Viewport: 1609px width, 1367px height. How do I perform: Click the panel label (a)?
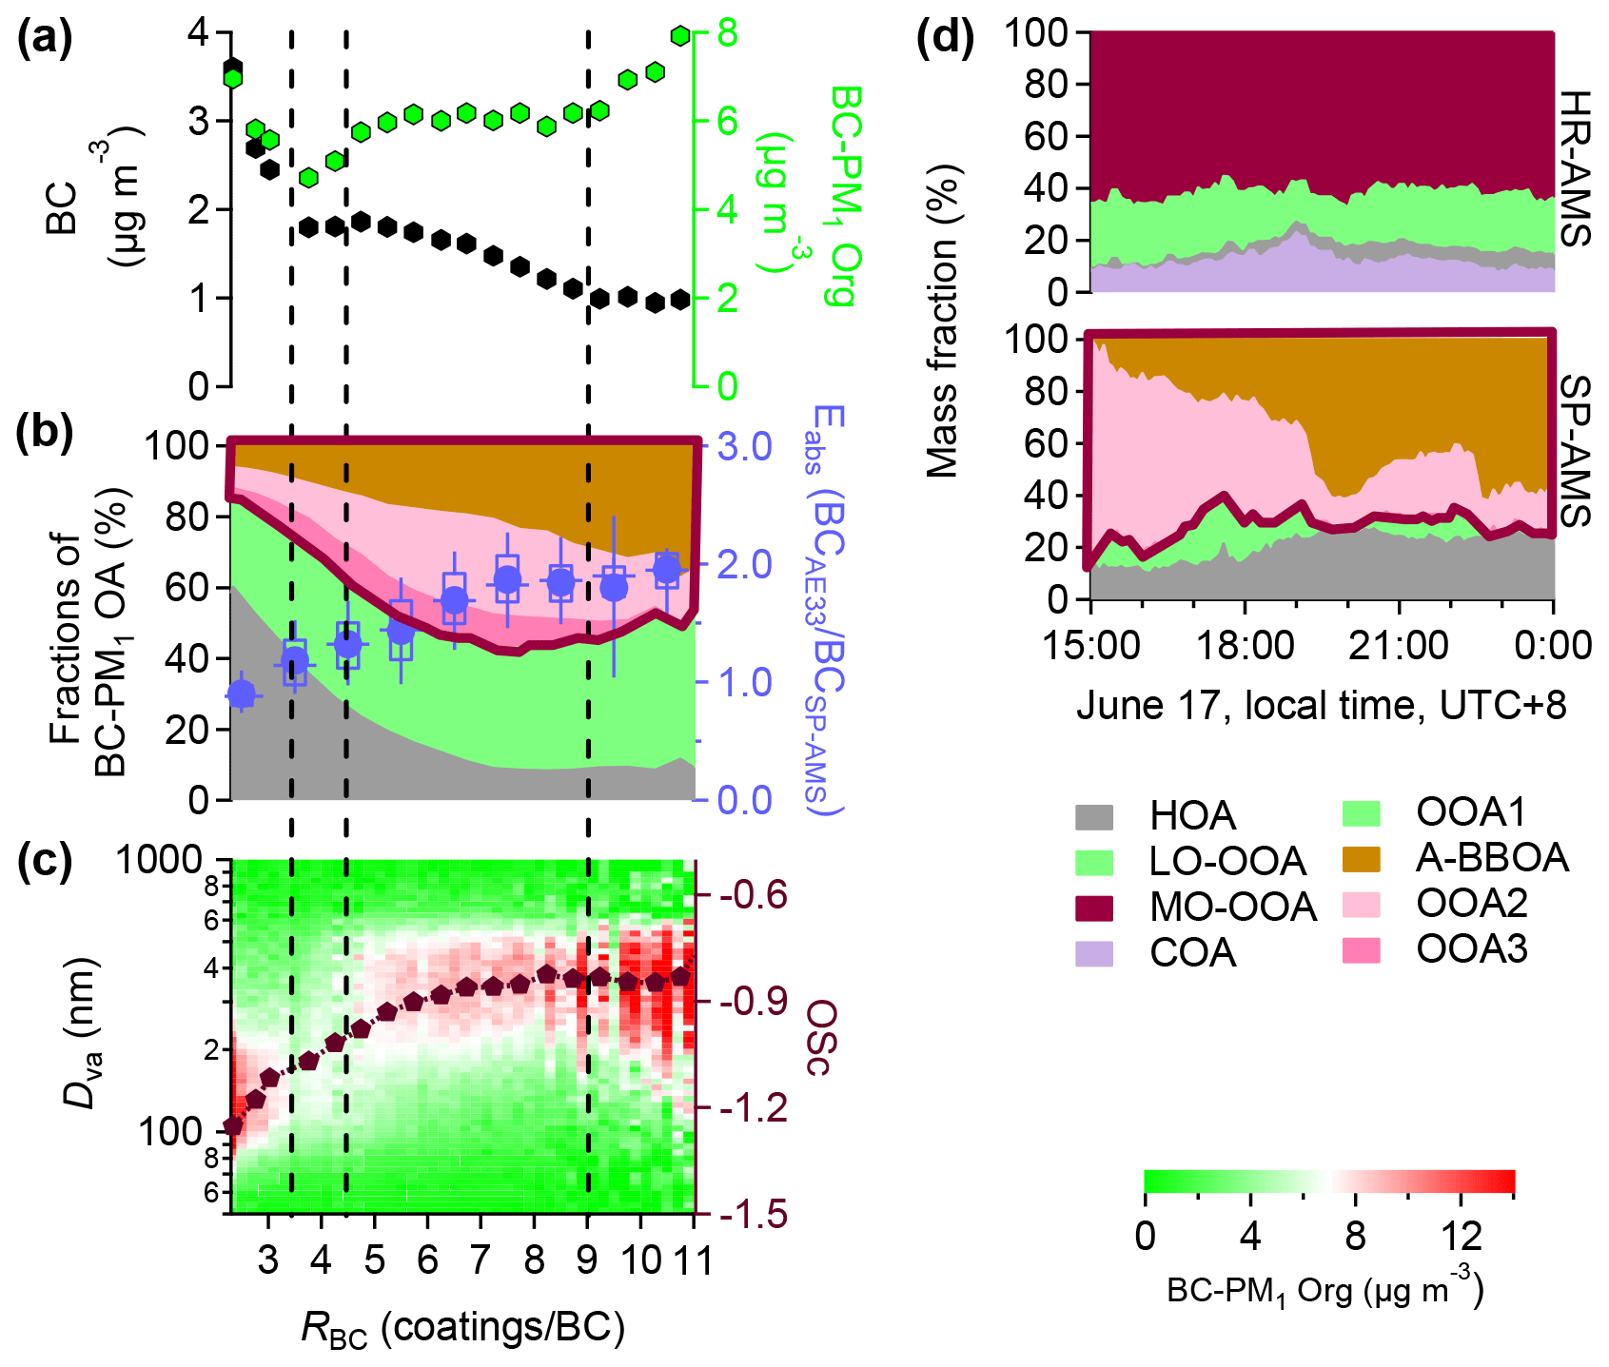(x=45, y=41)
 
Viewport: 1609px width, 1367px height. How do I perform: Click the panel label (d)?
(x=945, y=41)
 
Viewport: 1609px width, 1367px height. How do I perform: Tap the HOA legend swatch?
(x=1093, y=816)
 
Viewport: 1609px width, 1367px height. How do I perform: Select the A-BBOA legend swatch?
(x=1361, y=858)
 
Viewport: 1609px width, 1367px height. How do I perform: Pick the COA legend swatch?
(x=1093, y=952)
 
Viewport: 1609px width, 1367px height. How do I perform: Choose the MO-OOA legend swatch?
(x=1093, y=907)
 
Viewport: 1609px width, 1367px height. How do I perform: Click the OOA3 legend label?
(x=1471, y=948)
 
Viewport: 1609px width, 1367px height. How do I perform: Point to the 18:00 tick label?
(x=1245, y=646)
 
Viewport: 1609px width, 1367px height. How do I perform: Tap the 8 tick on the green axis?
(x=727, y=34)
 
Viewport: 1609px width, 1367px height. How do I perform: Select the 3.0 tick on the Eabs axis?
(x=744, y=446)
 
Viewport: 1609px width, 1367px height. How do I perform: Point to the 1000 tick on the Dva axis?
(x=158, y=861)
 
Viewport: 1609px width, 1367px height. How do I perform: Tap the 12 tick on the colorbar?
(x=1461, y=1236)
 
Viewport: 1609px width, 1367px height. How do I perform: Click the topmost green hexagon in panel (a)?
(x=680, y=36)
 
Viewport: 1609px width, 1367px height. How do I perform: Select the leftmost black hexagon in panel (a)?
(x=232, y=68)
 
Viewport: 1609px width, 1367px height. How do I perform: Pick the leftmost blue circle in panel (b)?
(x=242, y=695)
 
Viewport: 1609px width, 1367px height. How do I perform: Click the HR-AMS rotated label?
(x=1576, y=169)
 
